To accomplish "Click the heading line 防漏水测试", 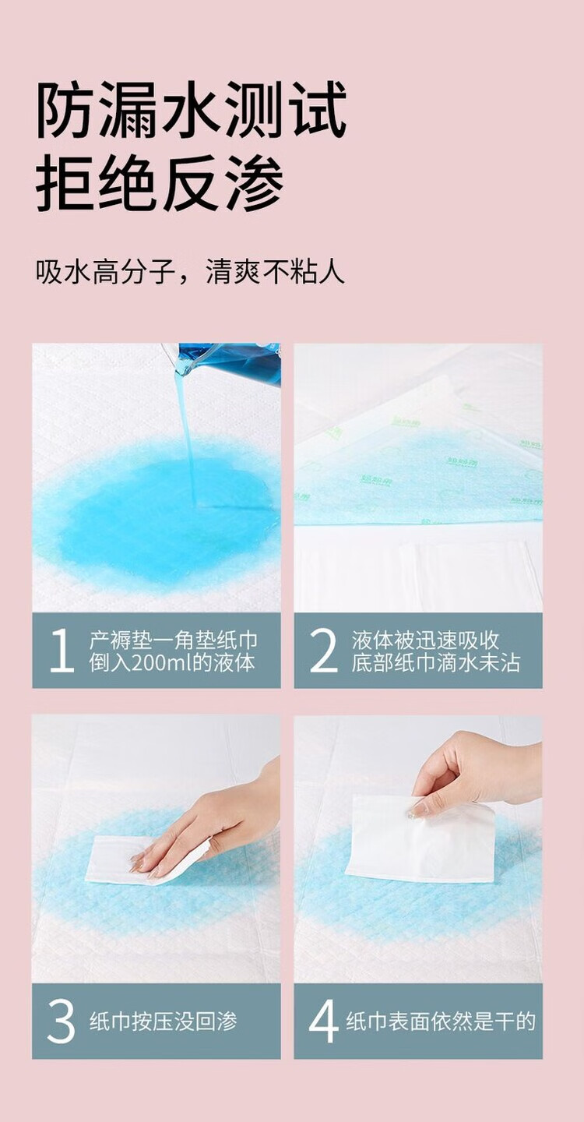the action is (192, 110).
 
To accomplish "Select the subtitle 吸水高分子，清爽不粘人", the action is (190, 273).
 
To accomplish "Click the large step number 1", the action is (62, 650).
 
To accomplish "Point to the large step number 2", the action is (324, 650).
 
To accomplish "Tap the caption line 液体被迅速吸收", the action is (425, 640).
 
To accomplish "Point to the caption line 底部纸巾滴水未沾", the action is (435, 662).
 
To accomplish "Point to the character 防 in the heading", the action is (64, 110).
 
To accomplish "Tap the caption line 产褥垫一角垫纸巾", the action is (174, 640).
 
